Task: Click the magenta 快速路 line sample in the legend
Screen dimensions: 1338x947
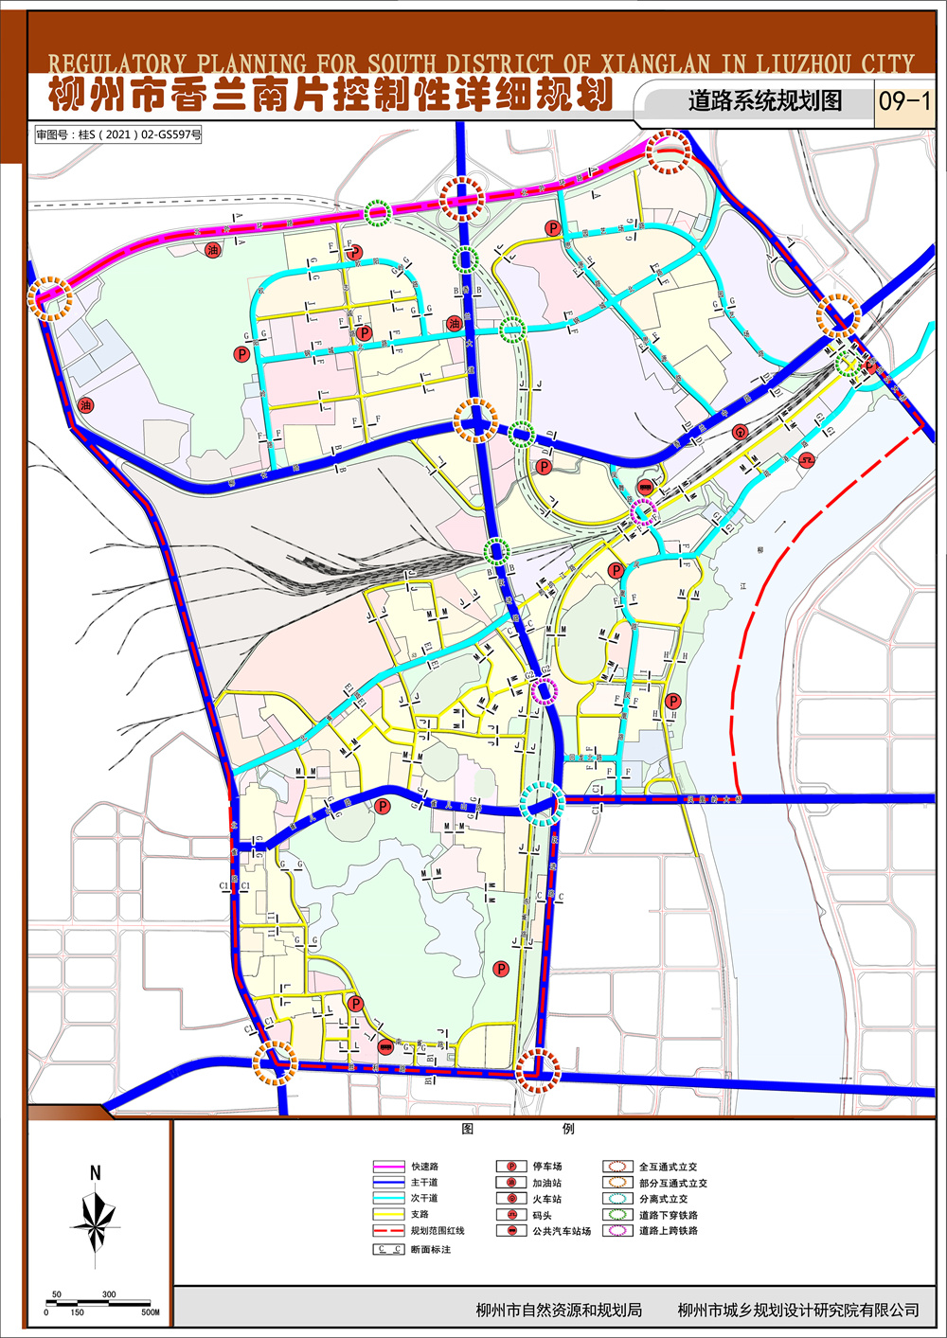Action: pyautogui.click(x=387, y=1167)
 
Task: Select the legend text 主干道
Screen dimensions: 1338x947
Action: pyautogui.click(x=424, y=1183)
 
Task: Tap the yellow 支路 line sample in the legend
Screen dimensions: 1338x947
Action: pyautogui.click(x=387, y=1214)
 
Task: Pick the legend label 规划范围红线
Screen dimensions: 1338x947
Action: pyautogui.click(x=437, y=1230)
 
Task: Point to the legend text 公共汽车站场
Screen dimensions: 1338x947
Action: pyautogui.click(x=561, y=1231)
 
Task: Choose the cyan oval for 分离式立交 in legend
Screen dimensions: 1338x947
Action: pyautogui.click(x=619, y=1199)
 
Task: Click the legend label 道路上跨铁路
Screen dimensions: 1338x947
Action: pyautogui.click(x=668, y=1231)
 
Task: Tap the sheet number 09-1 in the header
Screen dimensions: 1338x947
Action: pyautogui.click(x=904, y=100)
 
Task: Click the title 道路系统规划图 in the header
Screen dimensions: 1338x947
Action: pyautogui.click(x=764, y=100)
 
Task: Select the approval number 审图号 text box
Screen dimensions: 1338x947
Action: pyautogui.click(x=118, y=134)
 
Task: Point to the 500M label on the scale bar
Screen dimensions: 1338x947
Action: pyautogui.click(x=150, y=1312)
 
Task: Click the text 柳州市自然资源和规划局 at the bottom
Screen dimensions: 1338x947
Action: pyautogui.click(x=559, y=1311)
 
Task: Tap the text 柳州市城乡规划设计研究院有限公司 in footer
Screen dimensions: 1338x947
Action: pyautogui.click(x=798, y=1311)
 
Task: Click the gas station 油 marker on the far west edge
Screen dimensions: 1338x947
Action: pyautogui.click(x=86, y=405)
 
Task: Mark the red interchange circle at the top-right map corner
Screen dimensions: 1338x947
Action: pyautogui.click(x=669, y=152)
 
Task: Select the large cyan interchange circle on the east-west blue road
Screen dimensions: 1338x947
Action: pyautogui.click(x=543, y=804)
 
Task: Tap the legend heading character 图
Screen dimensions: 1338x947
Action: pyautogui.click(x=467, y=1129)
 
